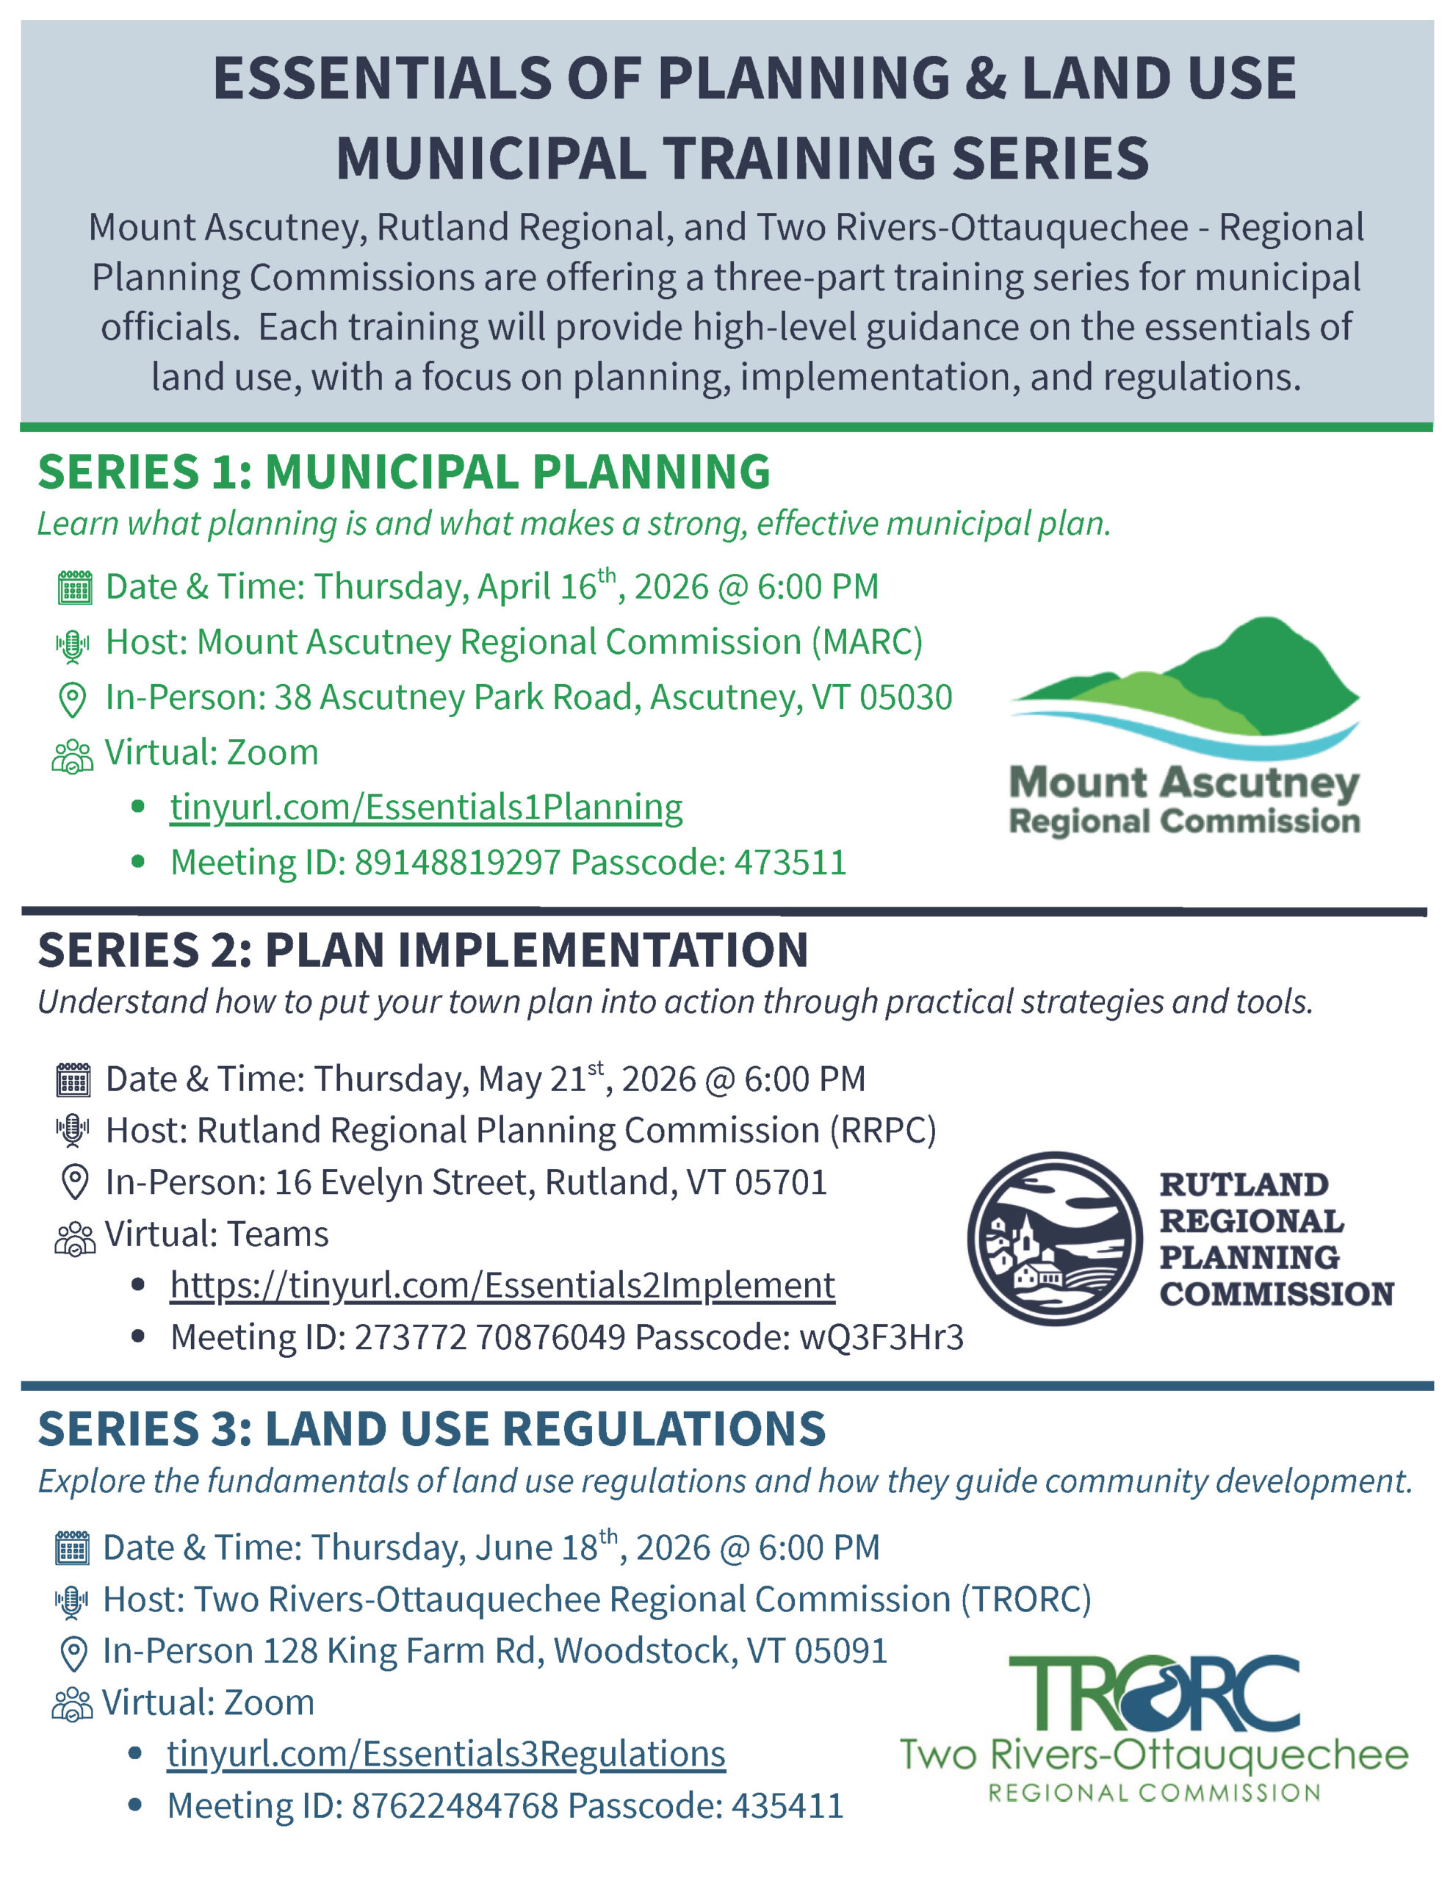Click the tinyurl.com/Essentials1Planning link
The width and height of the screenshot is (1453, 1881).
tap(425, 807)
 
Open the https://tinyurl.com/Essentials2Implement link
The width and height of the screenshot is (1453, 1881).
tap(502, 1285)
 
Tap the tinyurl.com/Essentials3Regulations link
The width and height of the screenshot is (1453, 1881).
tap(446, 1754)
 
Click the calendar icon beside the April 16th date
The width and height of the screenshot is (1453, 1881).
tap(74, 589)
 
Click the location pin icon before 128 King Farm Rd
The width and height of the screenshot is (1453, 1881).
tap(73, 1652)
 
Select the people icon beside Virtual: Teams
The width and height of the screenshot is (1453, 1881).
tap(74, 1237)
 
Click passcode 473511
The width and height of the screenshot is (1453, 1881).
tap(790, 862)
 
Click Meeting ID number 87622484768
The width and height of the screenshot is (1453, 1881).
tap(454, 1806)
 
